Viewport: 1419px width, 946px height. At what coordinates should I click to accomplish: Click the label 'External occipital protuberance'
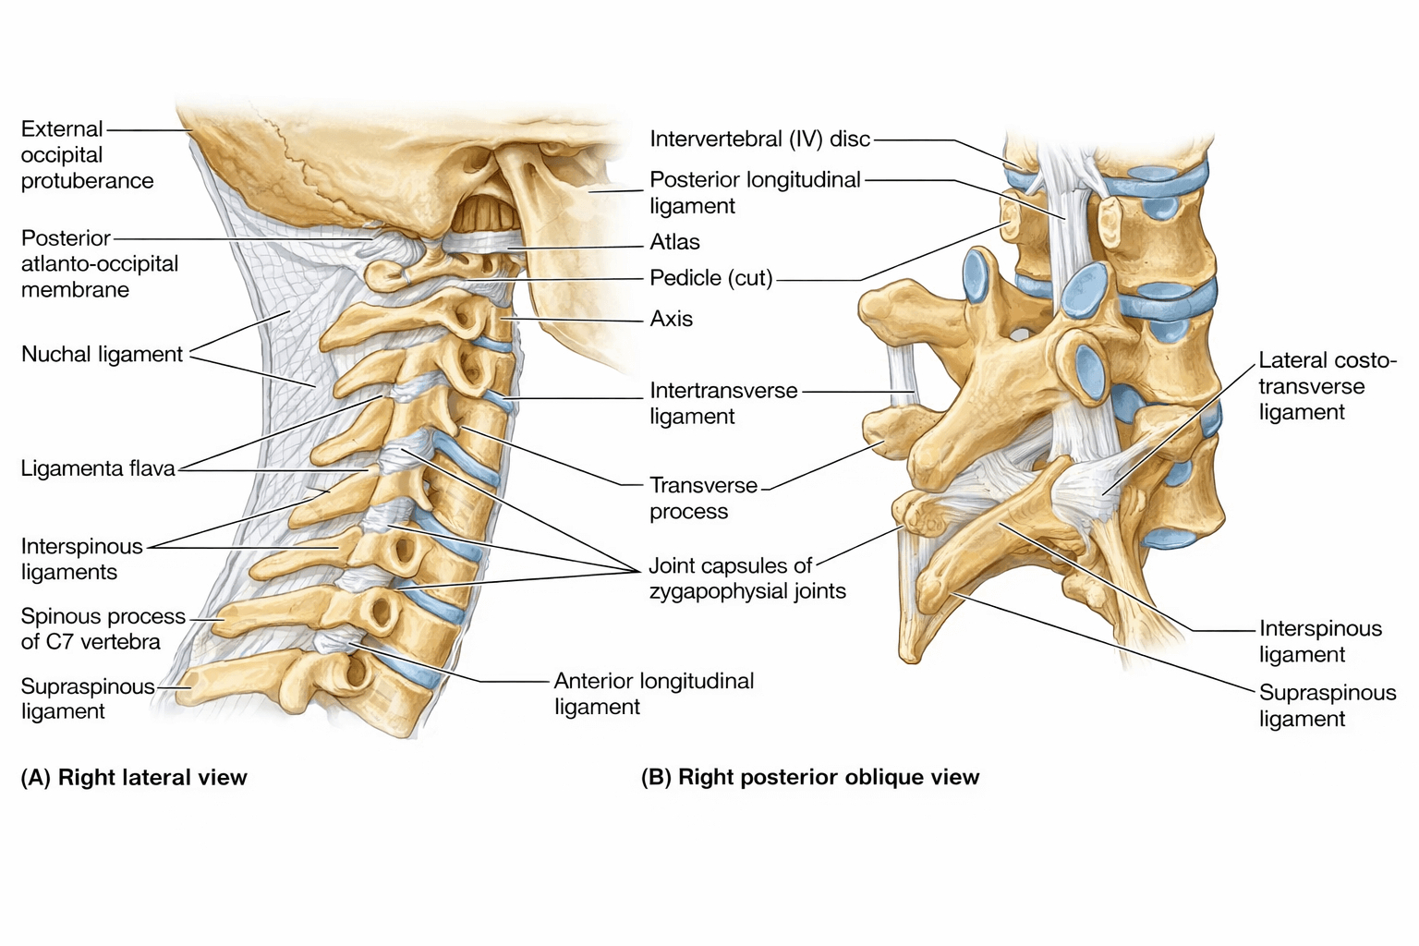pos(87,155)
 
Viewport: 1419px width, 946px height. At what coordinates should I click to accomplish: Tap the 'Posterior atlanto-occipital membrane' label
pos(99,264)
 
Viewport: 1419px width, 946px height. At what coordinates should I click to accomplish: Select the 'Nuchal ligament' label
pos(102,355)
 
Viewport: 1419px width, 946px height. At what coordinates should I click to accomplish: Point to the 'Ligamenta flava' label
pos(98,469)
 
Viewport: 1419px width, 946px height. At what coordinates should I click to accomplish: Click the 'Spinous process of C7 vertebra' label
pos(103,629)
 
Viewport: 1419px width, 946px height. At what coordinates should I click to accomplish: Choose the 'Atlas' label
pos(674,242)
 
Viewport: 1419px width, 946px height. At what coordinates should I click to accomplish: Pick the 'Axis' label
pos(671,319)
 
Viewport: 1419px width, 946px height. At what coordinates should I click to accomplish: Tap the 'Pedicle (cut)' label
pos(710,278)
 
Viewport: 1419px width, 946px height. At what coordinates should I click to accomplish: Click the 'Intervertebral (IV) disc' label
pos(759,139)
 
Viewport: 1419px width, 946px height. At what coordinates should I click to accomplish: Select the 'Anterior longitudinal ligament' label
pos(653,694)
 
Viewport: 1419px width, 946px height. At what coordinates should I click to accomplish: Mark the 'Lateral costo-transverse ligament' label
pos(1327,386)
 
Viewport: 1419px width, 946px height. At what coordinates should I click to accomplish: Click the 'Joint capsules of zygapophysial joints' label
pos(746,578)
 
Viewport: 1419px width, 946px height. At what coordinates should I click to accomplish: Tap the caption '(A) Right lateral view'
pos(134,778)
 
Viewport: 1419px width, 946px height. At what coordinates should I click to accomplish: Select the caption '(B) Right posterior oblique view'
pos(810,778)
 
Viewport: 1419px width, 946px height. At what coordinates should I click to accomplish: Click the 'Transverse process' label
pos(703,498)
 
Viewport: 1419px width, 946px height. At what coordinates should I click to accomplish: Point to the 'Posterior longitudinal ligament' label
pos(755,192)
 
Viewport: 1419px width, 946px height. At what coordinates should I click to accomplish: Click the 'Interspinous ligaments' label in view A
pos(81,559)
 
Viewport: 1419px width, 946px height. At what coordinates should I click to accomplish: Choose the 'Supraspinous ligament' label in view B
pos(1327,706)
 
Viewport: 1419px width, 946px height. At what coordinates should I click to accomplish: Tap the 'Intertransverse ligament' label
pos(722,403)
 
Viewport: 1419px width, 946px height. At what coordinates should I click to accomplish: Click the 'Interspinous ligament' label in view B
pos(1320,641)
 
